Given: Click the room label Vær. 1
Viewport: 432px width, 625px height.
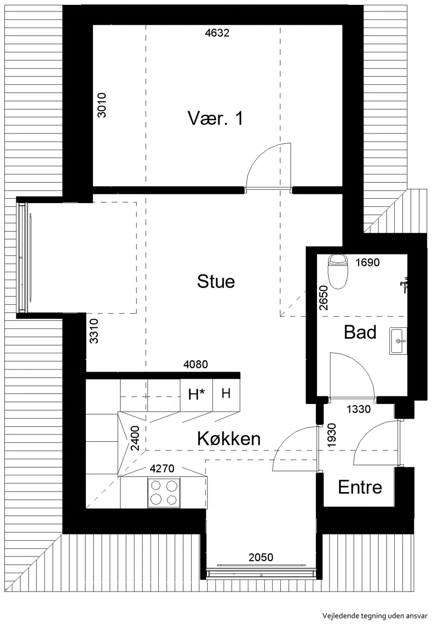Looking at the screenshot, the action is tap(215, 118).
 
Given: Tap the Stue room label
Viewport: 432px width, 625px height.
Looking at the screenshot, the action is tap(216, 281).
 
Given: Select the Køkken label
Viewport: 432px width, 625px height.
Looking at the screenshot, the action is tap(229, 439).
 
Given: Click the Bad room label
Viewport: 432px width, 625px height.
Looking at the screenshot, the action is tap(360, 332).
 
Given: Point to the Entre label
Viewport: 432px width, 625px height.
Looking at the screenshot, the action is tap(360, 487).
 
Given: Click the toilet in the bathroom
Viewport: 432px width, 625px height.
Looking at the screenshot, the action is tap(337, 272).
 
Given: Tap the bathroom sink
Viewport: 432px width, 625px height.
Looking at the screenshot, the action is tap(398, 341).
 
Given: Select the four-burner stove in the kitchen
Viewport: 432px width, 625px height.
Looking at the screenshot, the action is tap(163, 493).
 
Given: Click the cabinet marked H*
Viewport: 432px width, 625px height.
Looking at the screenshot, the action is tap(197, 395).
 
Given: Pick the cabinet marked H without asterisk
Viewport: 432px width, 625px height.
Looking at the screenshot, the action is tap(226, 394).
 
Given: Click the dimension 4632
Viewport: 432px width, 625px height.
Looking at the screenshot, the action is tap(217, 33).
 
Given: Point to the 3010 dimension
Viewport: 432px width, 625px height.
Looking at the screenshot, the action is tap(102, 105).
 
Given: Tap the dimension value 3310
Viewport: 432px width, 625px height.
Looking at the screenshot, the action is tap(93, 331).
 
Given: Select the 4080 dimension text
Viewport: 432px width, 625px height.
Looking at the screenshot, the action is tap(195, 364).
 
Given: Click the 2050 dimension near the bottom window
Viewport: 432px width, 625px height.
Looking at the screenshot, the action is tap(261, 557).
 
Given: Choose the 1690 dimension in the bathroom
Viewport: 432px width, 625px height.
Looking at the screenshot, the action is tap(367, 263).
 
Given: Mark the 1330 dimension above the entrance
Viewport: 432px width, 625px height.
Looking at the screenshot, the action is tap(359, 409).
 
